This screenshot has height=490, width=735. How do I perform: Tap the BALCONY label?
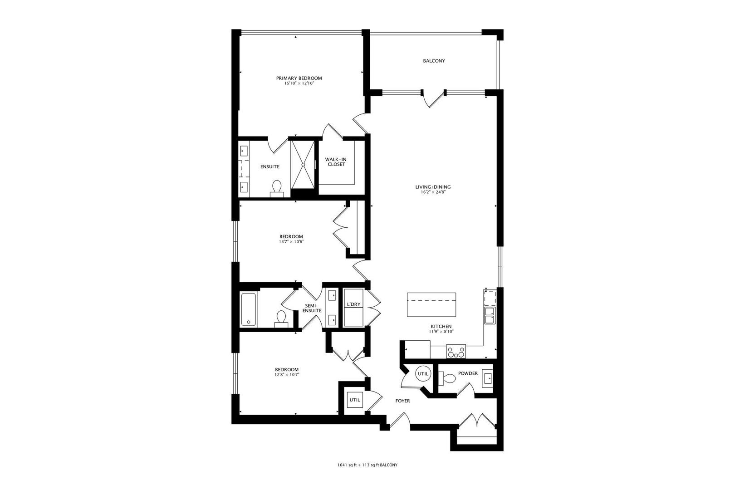[434, 61]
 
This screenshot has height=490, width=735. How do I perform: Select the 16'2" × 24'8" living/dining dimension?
[433, 192]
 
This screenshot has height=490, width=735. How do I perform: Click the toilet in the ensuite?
[276, 187]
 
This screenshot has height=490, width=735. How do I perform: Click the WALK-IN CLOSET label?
[335, 162]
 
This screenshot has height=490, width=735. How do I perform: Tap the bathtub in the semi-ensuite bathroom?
[248, 309]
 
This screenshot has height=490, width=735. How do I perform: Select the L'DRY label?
[353, 304]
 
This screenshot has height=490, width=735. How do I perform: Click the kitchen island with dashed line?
[431, 305]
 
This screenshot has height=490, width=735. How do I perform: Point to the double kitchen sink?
[490, 315]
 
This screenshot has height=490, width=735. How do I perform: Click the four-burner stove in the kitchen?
[456, 351]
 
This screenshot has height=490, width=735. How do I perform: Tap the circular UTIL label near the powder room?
[423, 374]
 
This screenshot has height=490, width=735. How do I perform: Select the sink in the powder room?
[487, 377]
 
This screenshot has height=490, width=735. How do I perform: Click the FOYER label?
[402, 401]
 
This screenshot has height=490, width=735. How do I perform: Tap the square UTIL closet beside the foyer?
[354, 400]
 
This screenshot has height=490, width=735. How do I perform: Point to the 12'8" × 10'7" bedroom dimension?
[287, 375]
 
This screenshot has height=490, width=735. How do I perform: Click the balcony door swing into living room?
[434, 99]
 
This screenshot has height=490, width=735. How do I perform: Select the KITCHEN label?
[441, 326]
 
